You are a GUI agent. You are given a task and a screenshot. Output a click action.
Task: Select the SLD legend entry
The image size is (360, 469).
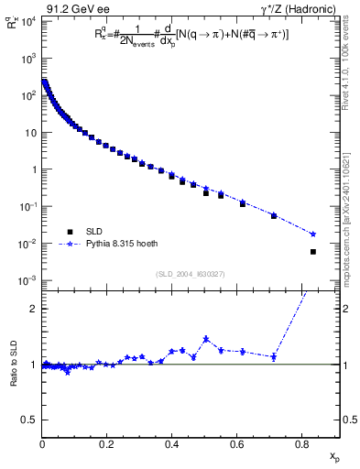click(x=94, y=232)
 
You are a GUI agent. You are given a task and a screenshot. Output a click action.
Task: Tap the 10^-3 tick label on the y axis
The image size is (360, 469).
click(x=27, y=281)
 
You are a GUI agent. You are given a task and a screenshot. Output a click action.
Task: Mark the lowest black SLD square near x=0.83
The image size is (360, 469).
click(x=313, y=252)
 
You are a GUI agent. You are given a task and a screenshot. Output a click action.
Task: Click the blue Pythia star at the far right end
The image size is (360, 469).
click(x=313, y=234)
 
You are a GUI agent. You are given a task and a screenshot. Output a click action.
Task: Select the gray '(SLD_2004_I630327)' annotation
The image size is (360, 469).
click(x=191, y=274)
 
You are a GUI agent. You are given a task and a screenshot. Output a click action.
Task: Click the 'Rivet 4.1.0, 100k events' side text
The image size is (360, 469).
click(x=348, y=69)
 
